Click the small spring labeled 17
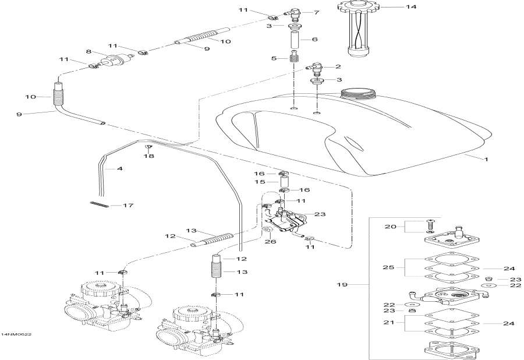[x=100, y=203]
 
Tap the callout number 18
[x=148, y=157]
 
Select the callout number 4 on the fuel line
[x=119, y=169]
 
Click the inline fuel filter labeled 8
[x=111, y=61]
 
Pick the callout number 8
[x=89, y=52]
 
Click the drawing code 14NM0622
[x=16, y=334]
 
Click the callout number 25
[x=385, y=268]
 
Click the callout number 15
[x=260, y=182]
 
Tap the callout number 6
[x=315, y=39]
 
